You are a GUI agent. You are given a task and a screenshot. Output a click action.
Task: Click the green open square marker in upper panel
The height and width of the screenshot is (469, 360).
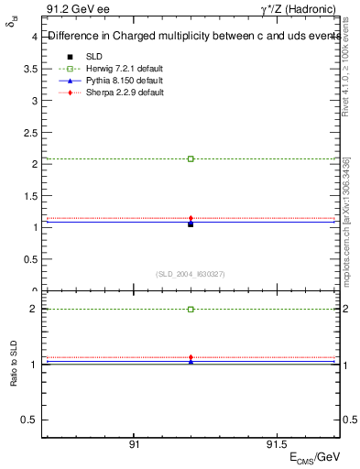pyautogui.click(x=191, y=158)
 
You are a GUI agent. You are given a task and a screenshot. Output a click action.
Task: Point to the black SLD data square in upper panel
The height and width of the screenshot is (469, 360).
pyautogui.click(x=191, y=224)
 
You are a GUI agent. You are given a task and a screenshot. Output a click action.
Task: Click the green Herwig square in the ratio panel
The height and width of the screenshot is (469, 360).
pyautogui.click(x=191, y=310)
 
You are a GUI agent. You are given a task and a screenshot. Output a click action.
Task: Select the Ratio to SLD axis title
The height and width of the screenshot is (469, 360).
pyautogui.click(x=14, y=376)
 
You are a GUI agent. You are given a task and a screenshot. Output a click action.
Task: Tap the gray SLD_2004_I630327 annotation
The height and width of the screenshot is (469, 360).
pyautogui.click(x=191, y=274)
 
